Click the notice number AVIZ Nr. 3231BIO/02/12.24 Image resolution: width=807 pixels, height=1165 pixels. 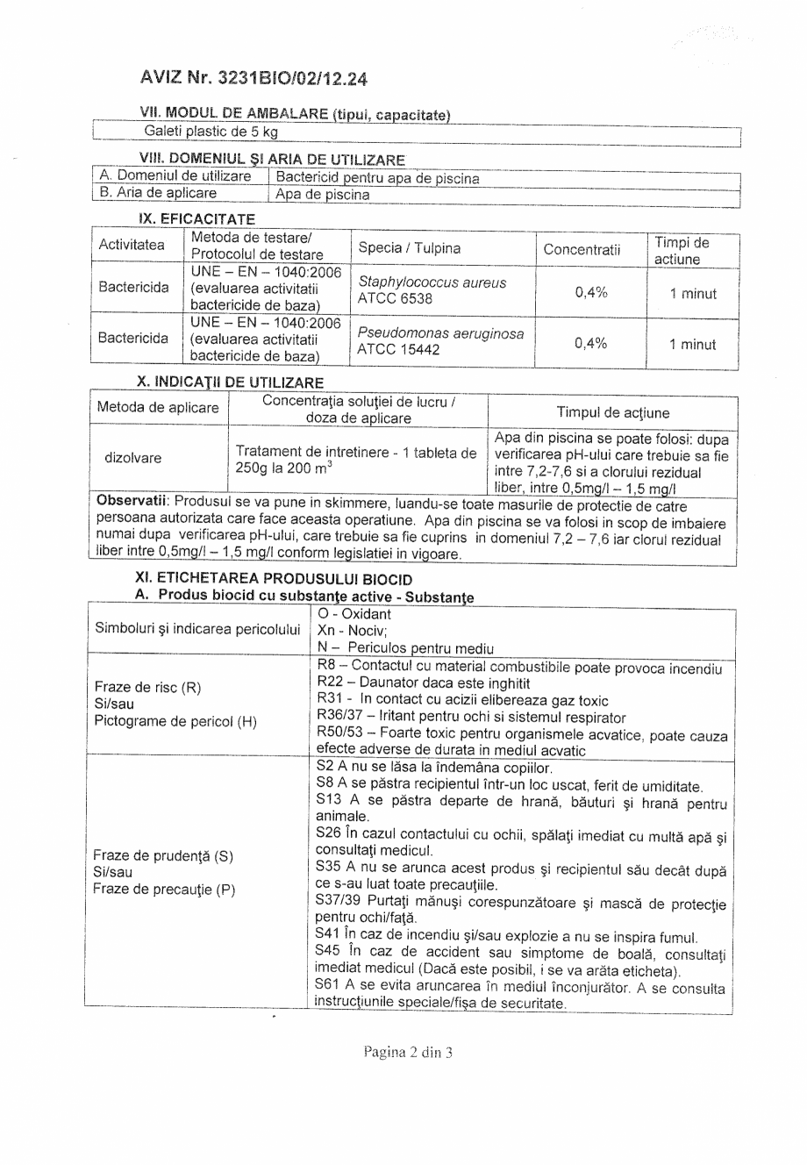[253, 79]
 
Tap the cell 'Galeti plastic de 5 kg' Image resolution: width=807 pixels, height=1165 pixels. [211, 132]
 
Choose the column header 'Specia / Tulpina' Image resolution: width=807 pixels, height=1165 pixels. [410, 247]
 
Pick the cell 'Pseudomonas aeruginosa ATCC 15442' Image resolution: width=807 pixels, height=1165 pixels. [439, 343]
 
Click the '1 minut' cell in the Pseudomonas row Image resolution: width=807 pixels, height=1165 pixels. [692, 344]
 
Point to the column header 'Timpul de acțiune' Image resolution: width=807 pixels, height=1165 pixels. [613, 412]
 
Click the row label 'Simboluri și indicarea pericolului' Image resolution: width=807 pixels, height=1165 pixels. [197, 630]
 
